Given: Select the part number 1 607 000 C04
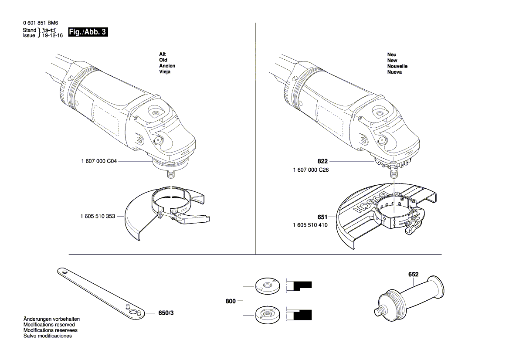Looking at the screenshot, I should click(x=99, y=161).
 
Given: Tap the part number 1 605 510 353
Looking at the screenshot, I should click(x=98, y=216).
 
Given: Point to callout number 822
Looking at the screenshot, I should click(x=322, y=161).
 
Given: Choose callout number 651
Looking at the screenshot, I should click(x=322, y=217).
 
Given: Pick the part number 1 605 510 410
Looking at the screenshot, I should click(x=310, y=225).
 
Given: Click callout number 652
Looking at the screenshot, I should click(x=413, y=275).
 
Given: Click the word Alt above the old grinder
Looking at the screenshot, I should click(x=163, y=54).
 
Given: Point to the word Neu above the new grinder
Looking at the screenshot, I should click(x=392, y=54).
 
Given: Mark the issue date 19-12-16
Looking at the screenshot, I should click(x=52, y=35).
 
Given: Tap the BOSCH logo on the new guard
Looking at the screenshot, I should click(x=370, y=203).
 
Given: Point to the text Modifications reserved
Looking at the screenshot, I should click(x=49, y=325).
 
